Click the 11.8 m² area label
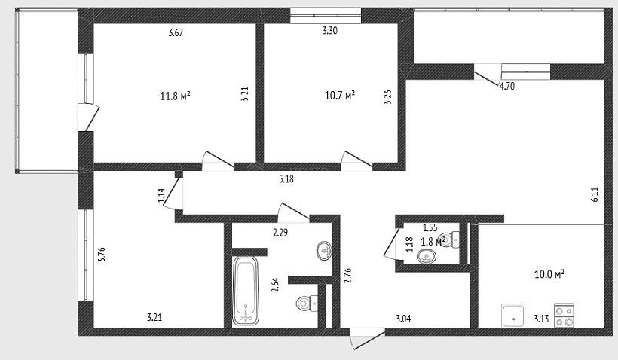tap(176, 96)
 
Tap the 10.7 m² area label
tap(340, 96)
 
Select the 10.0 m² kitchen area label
tap(549, 273)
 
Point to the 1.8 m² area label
tap(433, 241)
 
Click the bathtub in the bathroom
tap(245, 291)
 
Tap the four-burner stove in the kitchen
tap(564, 315)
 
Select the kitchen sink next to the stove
tap(513, 316)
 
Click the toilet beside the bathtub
tap(307, 303)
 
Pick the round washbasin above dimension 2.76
tap(323, 250)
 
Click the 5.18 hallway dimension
tap(286, 179)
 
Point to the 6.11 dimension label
tap(595, 194)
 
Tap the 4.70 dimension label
tap(507, 86)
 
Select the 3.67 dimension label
tap(176, 32)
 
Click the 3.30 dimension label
tap(330, 30)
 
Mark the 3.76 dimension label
tap(101, 255)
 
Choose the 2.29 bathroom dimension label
tap(280, 233)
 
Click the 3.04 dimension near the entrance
tap(403, 319)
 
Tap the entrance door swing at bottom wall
tap(366, 339)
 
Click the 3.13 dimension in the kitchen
tap(541, 319)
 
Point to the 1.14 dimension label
tap(161, 196)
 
